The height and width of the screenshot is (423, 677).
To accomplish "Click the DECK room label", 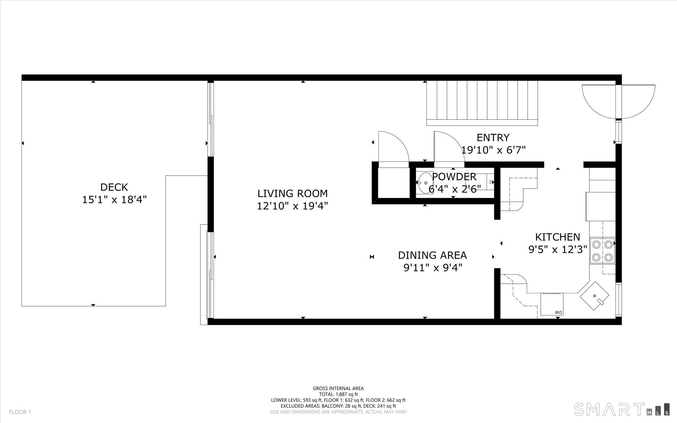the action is click(114, 187).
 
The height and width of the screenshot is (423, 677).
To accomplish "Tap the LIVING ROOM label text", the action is click(293, 193).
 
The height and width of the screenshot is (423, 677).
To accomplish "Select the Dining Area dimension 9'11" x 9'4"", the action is click(432, 268).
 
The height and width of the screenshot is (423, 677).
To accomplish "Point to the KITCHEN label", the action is click(557, 237).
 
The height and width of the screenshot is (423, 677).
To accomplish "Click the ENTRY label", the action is click(493, 138).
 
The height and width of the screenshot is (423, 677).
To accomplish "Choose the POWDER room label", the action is click(454, 177).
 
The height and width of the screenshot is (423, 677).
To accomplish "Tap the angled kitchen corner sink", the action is click(595, 296).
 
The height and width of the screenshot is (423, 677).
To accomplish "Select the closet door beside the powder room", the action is click(394, 147).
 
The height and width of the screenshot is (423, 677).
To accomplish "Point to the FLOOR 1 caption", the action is click(20, 412).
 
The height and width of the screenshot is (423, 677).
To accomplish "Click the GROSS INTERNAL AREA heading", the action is click(338, 389).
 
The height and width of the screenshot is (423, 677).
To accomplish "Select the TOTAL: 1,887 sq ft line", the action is click(338, 394).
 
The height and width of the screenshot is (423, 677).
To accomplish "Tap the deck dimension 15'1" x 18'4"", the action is click(114, 200).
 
